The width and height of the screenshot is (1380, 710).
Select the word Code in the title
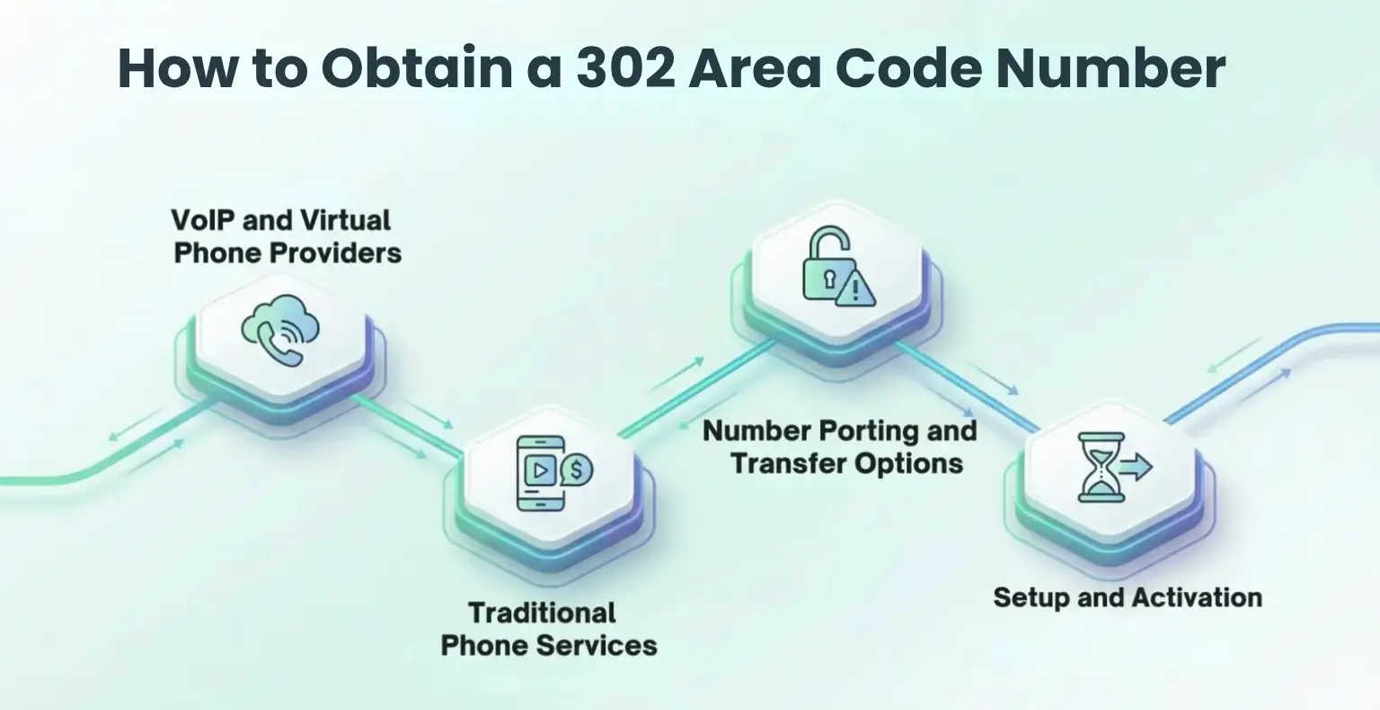click(909, 68)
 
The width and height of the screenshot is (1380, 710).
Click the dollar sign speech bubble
click(575, 469)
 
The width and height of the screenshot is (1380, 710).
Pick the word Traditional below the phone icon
click(542, 614)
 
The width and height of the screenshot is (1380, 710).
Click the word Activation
click(1197, 598)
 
